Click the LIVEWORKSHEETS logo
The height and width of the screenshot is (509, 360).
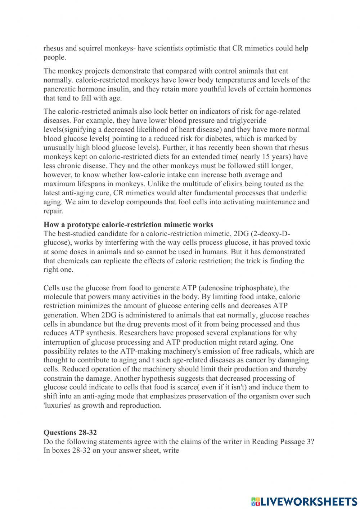(x=304, y=501)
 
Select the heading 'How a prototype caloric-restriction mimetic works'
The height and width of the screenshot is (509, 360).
(x=128, y=225)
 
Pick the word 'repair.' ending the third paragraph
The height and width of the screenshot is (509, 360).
(x=53, y=211)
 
